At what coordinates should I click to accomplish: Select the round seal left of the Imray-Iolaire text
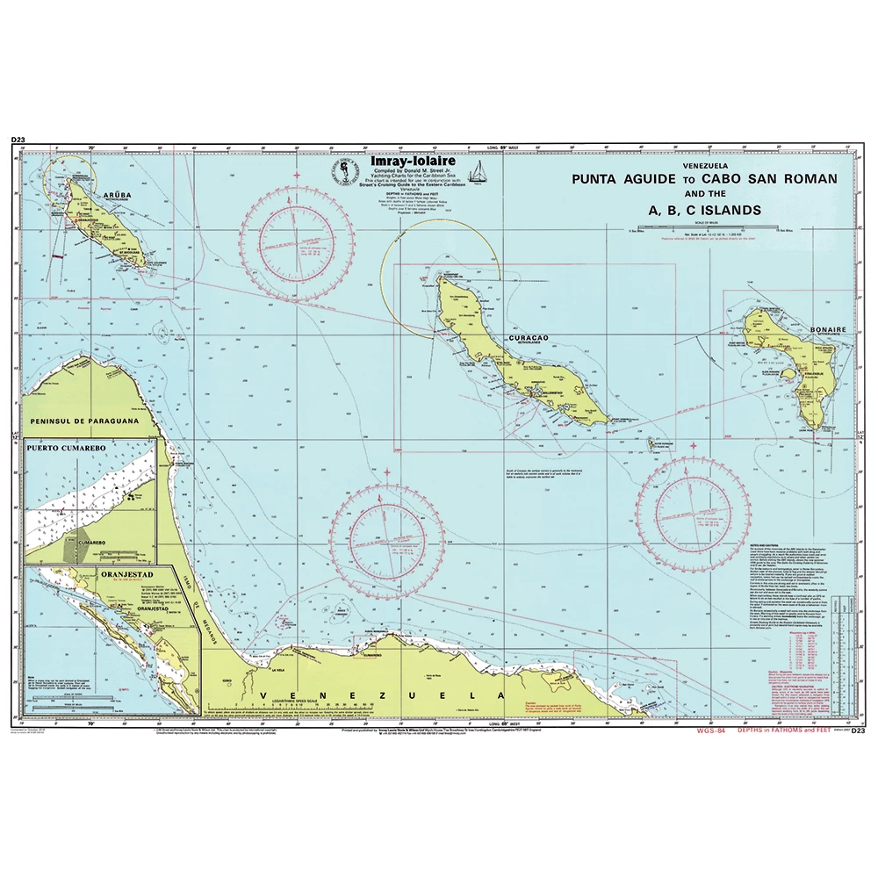tap(342, 171)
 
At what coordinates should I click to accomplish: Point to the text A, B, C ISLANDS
tap(693, 210)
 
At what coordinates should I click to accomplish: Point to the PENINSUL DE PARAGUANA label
tap(83, 421)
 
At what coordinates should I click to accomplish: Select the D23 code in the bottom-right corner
tap(858, 730)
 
